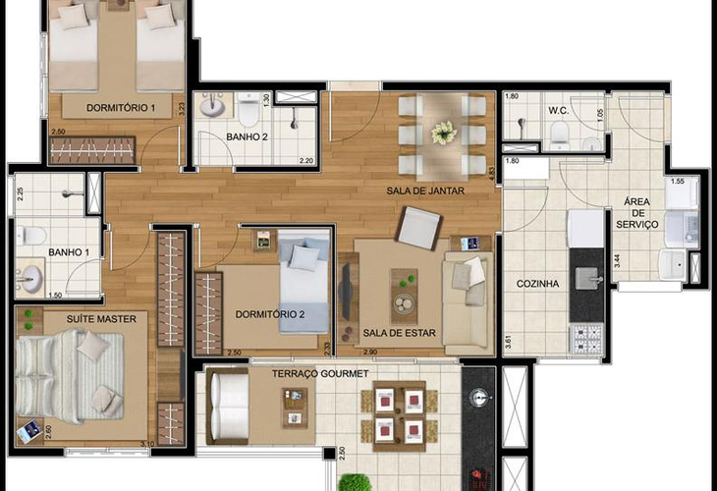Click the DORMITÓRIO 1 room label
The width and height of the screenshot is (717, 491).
coord(123,107)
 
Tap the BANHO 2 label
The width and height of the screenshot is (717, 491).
coord(247,136)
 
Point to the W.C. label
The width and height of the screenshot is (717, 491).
coord(561,109)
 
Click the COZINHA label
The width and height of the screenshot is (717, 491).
coord(538,284)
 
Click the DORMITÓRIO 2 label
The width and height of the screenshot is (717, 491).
coord(270,314)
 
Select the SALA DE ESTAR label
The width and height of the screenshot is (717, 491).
coord(398,332)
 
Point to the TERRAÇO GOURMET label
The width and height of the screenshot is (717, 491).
coord(321,374)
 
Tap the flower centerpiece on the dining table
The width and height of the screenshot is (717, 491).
coord(445,131)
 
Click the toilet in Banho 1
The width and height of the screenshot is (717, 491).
coord(32,235)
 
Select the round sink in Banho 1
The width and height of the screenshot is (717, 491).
coord(30,280)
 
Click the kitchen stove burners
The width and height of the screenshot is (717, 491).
coord(586,336)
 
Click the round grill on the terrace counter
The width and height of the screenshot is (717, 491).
coord(478,397)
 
